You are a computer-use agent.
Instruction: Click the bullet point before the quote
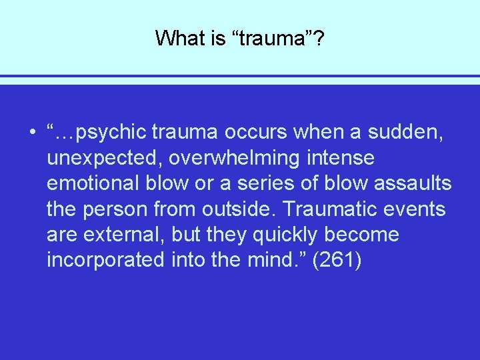click(x=32, y=133)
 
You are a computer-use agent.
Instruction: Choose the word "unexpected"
click(x=97, y=159)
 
